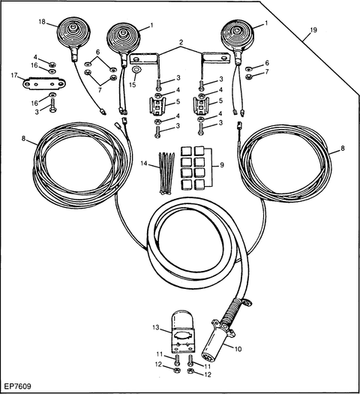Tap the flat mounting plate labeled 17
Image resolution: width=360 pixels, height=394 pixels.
click(x=44, y=83)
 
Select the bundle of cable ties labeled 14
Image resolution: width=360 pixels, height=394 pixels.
click(x=166, y=173)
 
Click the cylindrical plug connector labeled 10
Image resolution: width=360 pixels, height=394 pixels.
click(x=218, y=338)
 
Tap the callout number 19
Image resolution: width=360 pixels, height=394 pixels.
click(x=313, y=30)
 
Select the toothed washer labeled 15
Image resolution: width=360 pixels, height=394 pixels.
click(x=136, y=69)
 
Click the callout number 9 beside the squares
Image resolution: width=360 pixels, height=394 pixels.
click(x=222, y=165)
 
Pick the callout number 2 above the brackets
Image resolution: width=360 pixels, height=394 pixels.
click(x=181, y=42)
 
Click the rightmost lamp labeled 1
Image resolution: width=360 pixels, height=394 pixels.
click(x=236, y=35)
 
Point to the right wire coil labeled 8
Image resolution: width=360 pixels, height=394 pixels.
click(x=284, y=164)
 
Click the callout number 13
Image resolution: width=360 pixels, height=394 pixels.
click(x=156, y=328)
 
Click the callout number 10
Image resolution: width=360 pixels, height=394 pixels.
click(x=238, y=349)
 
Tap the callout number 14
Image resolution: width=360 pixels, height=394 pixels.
click(x=143, y=164)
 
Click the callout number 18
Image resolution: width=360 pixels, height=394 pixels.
click(x=42, y=22)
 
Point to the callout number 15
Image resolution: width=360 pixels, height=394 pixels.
click(x=132, y=85)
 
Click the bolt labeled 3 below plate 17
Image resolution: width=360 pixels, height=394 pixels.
click(x=52, y=106)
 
